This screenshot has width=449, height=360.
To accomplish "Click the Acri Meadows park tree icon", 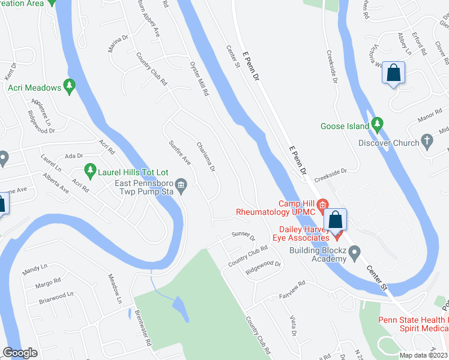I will [x=70, y=88].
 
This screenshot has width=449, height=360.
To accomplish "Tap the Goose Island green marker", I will [x=377, y=126].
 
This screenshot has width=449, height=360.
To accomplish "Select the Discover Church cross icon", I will [x=427, y=143].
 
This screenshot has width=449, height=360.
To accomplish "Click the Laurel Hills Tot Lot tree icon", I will [x=90, y=171].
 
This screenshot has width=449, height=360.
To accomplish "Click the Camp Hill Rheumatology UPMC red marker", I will [x=322, y=206].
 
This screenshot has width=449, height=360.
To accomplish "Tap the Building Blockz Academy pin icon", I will [x=354, y=251].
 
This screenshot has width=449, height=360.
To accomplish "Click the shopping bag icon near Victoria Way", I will [x=394, y=74].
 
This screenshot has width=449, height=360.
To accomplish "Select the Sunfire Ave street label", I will [x=179, y=153].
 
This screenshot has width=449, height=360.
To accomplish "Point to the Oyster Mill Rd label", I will [x=199, y=79].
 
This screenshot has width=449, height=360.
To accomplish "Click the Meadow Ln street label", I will [x=115, y=289].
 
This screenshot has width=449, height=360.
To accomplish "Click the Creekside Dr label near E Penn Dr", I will [x=333, y=172].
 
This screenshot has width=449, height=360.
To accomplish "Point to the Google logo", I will [x=20, y=353].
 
